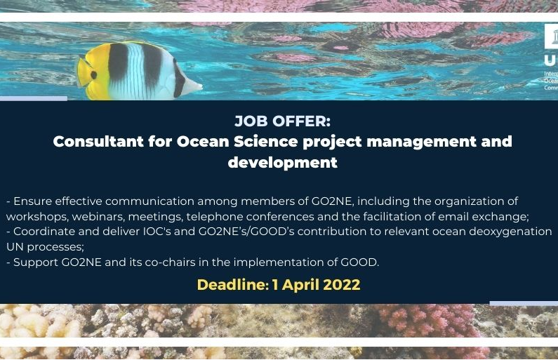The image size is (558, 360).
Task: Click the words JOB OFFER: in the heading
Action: (x=282, y=121)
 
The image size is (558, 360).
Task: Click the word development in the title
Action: (x=282, y=163)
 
